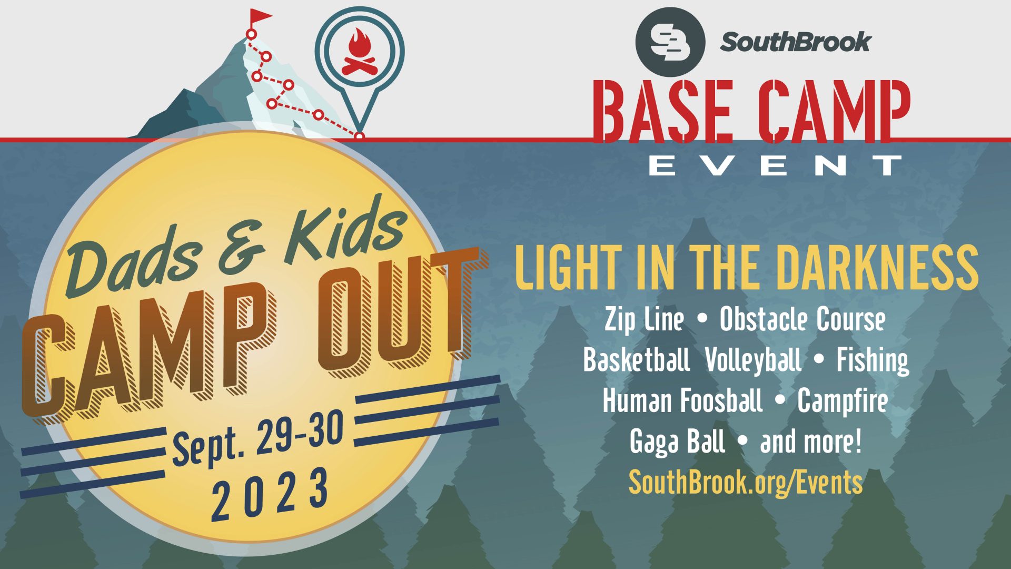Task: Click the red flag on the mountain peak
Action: pyautogui.click(x=260, y=17)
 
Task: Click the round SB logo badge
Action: pyautogui.click(x=670, y=42)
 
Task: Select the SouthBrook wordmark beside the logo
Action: pyautogui.click(x=796, y=42)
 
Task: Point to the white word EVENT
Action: pyautogui.click(x=775, y=165)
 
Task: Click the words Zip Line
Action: pyautogui.click(x=645, y=319)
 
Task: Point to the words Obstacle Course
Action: pyautogui.click(x=802, y=319)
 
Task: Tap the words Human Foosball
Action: pyautogui.click(x=682, y=400)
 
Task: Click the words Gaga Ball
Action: pyautogui.click(x=677, y=442)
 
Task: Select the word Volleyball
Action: pyautogui.click(x=753, y=360)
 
